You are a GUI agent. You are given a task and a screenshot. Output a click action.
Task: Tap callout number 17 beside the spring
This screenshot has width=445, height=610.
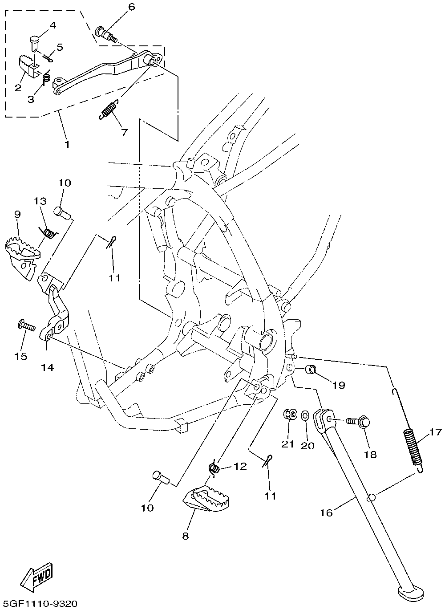(435, 431)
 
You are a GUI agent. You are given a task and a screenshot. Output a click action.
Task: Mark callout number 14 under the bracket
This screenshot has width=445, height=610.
(48, 367)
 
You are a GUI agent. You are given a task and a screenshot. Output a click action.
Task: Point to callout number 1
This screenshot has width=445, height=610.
(67, 144)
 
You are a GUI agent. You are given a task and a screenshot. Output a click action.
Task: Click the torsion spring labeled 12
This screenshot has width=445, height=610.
(215, 468)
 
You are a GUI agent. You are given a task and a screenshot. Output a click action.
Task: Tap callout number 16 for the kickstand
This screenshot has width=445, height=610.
(326, 512)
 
